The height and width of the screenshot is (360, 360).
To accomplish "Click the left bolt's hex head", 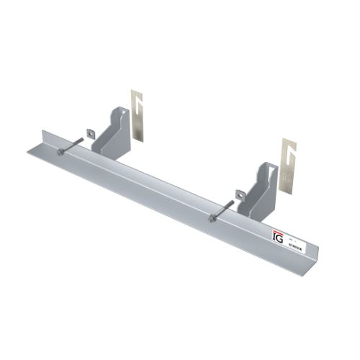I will click(x=61, y=152).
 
